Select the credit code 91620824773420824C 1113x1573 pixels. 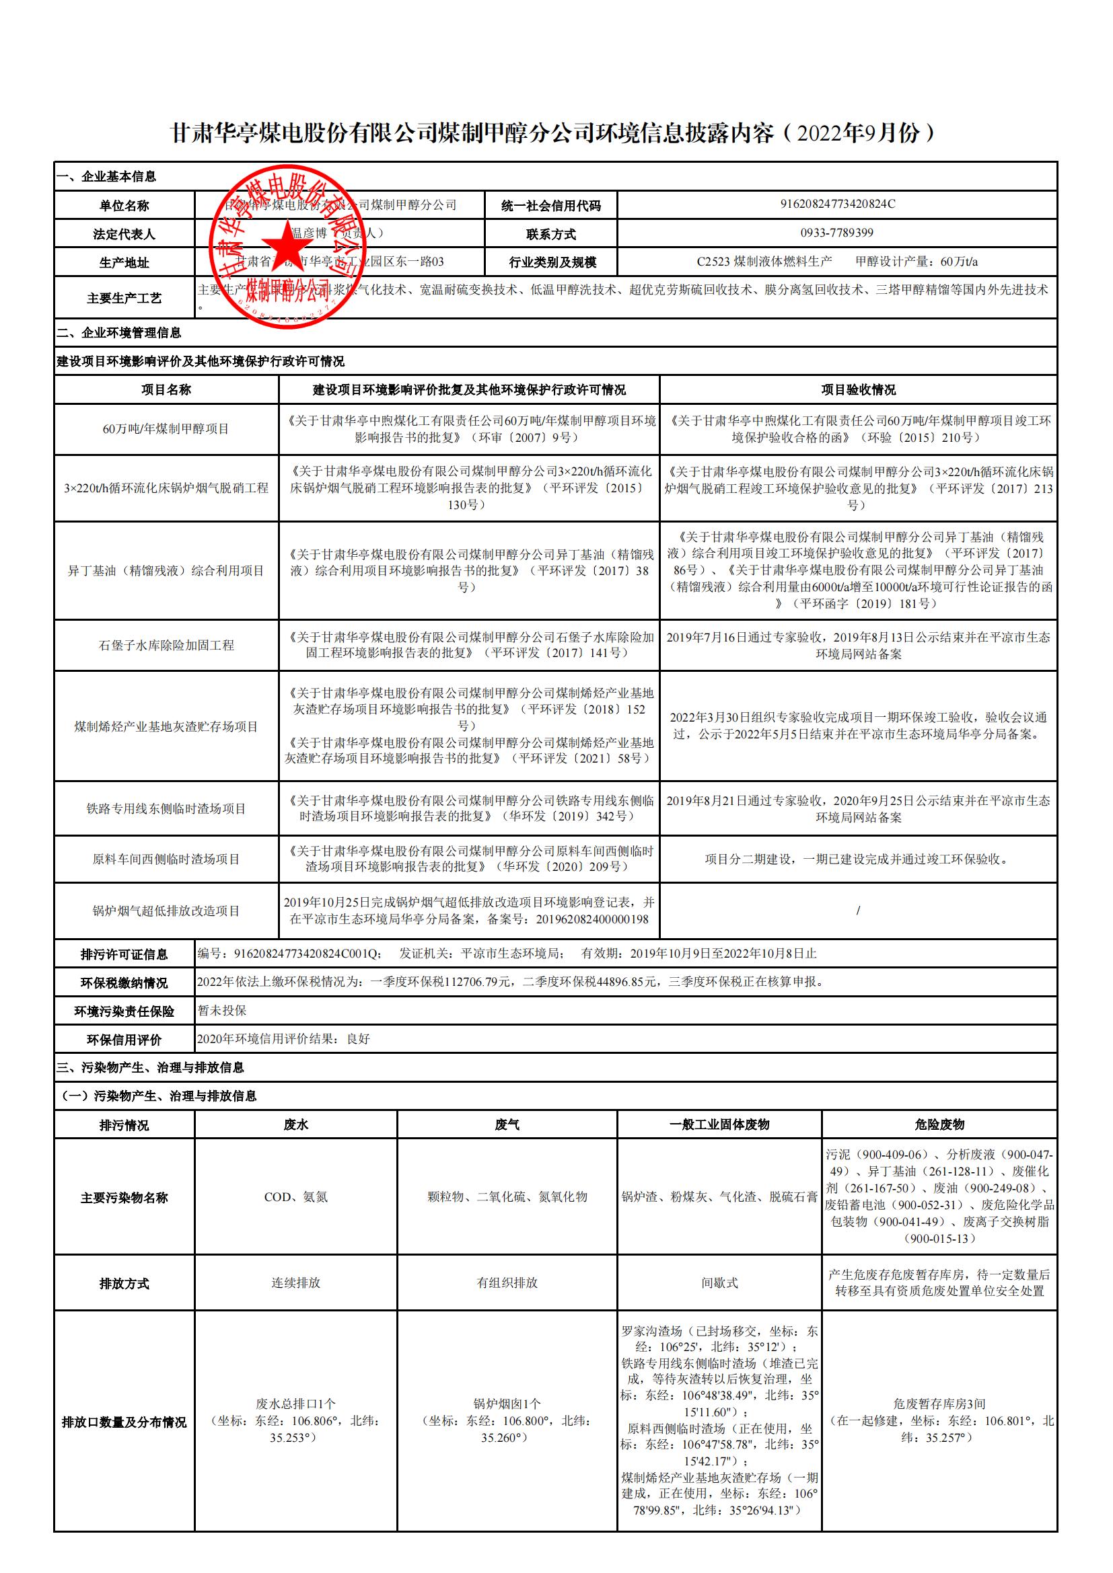838,204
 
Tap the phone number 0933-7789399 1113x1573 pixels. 837,233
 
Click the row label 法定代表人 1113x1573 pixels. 124,234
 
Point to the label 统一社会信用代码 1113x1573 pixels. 551,206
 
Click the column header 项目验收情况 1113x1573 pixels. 858,390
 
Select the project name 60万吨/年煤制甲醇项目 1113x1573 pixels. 166,430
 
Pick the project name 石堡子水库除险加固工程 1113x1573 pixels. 166,646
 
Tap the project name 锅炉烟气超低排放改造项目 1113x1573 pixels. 166,911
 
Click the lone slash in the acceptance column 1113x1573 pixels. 858,911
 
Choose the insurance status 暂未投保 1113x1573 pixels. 222,1011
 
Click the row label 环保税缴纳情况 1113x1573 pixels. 124,983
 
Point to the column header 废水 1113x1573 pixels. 295,1125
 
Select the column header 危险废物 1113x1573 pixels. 939,1125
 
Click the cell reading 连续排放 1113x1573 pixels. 295,1283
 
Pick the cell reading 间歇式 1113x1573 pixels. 719,1283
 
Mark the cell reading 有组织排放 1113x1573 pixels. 507,1283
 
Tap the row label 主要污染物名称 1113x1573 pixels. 124,1198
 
